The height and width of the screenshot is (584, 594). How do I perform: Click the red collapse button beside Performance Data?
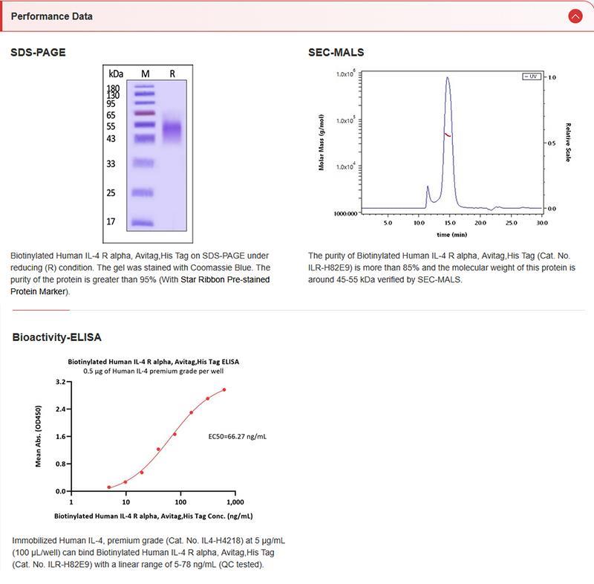pyautogui.click(x=575, y=16)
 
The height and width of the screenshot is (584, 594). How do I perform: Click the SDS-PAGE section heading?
pyautogui.click(x=38, y=52)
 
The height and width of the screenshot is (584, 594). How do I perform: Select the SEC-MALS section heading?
pyautogui.click(x=336, y=52)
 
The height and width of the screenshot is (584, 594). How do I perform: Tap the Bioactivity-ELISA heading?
pyautogui.click(x=57, y=337)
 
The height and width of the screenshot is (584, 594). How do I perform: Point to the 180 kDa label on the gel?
pyautogui.click(x=114, y=88)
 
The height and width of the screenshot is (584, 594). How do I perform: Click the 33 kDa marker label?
pyautogui.click(x=111, y=163)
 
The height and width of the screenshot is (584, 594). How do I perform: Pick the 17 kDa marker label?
pyautogui.click(x=111, y=221)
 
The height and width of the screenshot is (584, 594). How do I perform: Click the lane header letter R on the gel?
pyautogui.click(x=172, y=74)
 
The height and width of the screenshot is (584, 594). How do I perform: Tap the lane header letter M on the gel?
pyautogui.click(x=146, y=74)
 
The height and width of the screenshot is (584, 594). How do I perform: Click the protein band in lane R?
pyautogui.click(x=172, y=131)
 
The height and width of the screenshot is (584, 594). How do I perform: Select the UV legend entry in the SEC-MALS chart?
pyautogui.click(x=531, y=77)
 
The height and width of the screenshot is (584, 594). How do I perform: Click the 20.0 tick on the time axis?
pyautogui.click(x=480, y=222)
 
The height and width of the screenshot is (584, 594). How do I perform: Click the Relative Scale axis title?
pyautogui.click(x=568, y=142)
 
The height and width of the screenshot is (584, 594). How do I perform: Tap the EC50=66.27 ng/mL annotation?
pyautogui.click(x=237, y=436)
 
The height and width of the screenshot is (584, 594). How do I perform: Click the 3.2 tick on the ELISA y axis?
pyautogui.click(x=61, y=382)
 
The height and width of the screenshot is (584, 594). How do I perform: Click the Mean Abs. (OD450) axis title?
pyautogui.click(x=39, y=436)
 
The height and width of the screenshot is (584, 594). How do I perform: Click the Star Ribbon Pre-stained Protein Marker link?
pyautogui.click(x=141, y=285)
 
